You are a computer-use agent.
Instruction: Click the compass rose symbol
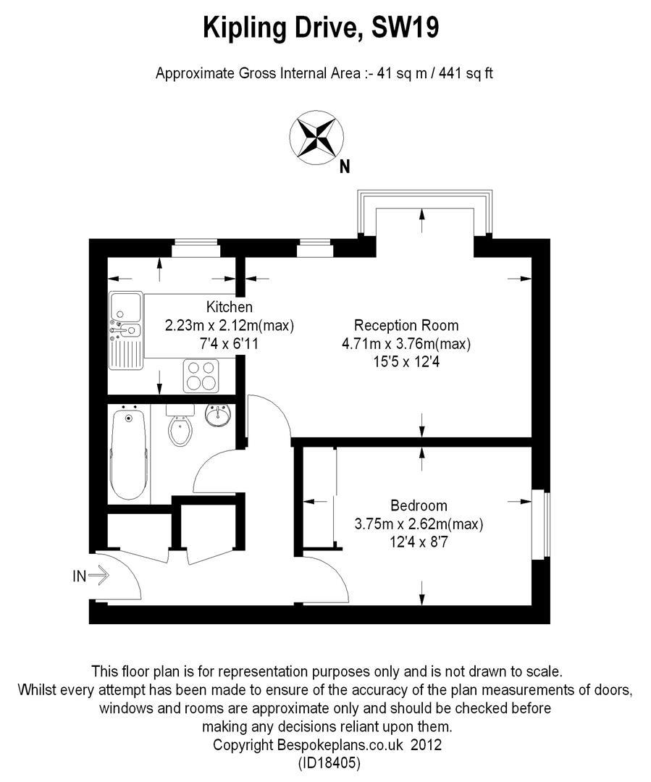coord(316,137)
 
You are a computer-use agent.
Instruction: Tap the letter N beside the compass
coord(345,167)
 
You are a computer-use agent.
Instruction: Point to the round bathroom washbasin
coord(218,415)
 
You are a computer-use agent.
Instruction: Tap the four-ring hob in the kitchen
coord(201,376)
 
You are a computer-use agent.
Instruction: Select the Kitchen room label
coord(230,307)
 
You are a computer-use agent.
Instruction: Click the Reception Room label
coord(406,326)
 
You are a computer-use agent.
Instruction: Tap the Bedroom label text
coord(419,505)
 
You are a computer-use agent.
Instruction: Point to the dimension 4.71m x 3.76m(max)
coord(406,344)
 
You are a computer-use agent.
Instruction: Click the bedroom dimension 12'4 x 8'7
coord(419,542)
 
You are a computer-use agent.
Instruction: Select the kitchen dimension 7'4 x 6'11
coord(230,344)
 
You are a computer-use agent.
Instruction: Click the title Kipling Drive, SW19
coord(322,28)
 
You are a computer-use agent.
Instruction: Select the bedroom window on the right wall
coord(541,525)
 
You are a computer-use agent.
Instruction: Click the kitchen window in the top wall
coord(195,248)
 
